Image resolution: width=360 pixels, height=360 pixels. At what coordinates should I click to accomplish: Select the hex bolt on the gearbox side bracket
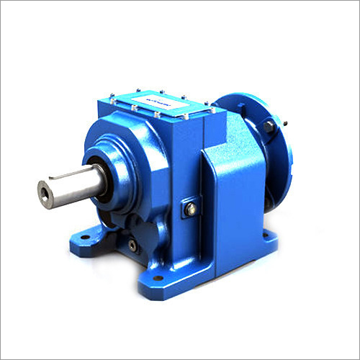click(x=191, y=210)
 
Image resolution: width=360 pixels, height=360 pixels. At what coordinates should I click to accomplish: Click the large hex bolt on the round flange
click(x=269, y=127)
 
